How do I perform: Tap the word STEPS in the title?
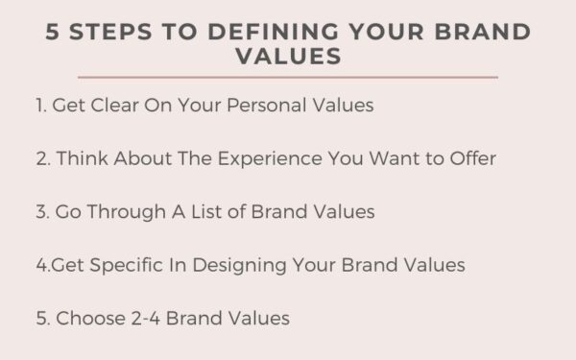click(115, 32)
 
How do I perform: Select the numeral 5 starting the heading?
click(53, 32)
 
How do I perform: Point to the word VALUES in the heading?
click(288, 57)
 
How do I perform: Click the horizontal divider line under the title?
click(288, 77)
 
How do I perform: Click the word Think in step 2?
click(83, 158)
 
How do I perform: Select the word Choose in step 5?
click(84, 317)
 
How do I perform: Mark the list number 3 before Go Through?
click(41, 211)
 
